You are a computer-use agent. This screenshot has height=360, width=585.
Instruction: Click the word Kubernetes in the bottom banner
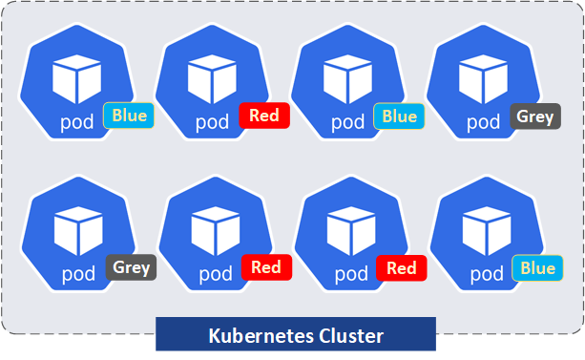coord(251,336)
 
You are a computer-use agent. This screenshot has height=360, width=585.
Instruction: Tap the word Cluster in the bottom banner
coord(351,336)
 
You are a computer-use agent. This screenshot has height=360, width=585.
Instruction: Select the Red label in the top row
coord(263,116)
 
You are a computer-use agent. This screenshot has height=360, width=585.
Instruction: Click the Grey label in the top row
coord(535,117)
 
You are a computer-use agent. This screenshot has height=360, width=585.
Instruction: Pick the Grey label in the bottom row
coord(131,267)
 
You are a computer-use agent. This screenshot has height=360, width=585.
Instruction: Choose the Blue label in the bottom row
coord(537,268)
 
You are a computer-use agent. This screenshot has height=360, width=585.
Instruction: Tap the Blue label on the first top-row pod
coord(129,116)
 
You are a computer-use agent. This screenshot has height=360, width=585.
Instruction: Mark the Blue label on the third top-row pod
coord(400,116)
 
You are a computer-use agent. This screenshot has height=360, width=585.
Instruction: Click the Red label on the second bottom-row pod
coord(266,268)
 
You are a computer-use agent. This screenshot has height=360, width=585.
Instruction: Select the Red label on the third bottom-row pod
coord(402,268)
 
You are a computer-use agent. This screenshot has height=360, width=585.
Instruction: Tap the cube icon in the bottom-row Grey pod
coord(77,230)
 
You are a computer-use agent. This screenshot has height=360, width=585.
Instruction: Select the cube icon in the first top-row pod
coord(76,78)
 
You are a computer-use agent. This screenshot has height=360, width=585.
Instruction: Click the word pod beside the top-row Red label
coord(212,121)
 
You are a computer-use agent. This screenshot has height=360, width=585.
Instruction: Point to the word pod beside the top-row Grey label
coord(483,121)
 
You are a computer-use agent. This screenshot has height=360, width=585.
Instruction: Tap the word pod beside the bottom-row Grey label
coord(77,273)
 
